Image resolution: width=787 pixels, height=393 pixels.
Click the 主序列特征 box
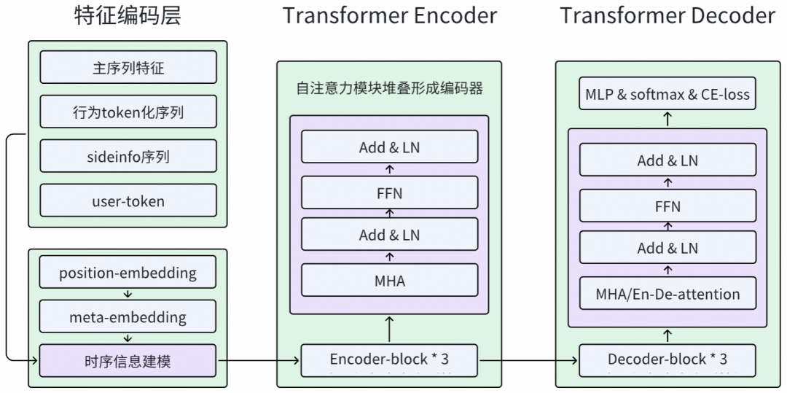(128, 68)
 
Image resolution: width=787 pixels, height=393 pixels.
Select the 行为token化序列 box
(128, 112)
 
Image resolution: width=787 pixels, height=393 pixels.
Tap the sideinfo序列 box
(128, 156)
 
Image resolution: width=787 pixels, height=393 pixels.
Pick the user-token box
(128, 201)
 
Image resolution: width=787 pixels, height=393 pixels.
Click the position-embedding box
(128, 273)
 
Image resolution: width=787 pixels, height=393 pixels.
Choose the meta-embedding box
(128, 317)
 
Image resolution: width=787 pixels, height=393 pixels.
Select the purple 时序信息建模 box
(128, 360)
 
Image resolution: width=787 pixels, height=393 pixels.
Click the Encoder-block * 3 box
(389, 360)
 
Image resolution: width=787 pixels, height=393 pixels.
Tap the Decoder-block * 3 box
(667, 360)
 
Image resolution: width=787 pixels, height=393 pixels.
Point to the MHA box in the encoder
(389, 280)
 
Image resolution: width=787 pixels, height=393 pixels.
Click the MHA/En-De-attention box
(667, 294)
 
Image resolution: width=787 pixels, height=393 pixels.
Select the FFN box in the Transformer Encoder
(389, 192)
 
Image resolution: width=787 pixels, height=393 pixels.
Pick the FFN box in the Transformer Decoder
(667, 206)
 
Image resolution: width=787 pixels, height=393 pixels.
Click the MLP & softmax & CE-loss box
(667, 94)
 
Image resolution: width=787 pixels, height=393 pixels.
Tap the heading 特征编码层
(128, 15)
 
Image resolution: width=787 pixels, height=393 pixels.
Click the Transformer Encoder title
(390, 15)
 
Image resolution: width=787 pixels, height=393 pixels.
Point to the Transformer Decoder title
(667, 15)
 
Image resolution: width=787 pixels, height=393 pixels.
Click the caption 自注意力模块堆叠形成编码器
(389, 89)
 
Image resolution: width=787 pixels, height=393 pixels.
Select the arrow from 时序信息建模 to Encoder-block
(259, 360)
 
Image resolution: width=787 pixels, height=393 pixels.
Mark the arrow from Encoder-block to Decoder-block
(528, 360)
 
